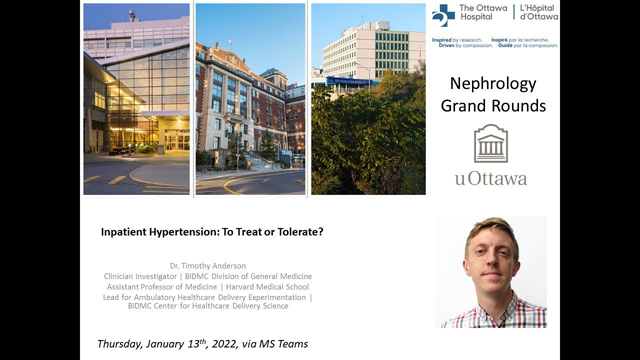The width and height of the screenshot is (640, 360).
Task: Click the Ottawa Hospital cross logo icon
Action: click(443, 15)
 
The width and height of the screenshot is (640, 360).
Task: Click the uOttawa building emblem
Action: click(490, 143)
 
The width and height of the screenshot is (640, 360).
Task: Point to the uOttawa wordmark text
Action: click(490, 178)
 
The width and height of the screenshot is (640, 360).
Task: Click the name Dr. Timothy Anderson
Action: click(208, 265)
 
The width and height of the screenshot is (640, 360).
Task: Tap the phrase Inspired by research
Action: click(456, 40)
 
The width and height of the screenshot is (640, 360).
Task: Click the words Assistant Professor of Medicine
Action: click(159, 286)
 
